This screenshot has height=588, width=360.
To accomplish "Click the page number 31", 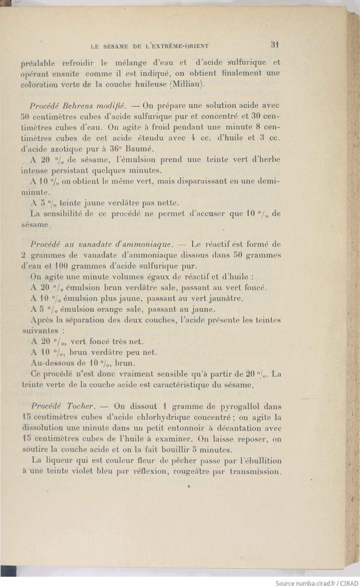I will click(x=274, y=45).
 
